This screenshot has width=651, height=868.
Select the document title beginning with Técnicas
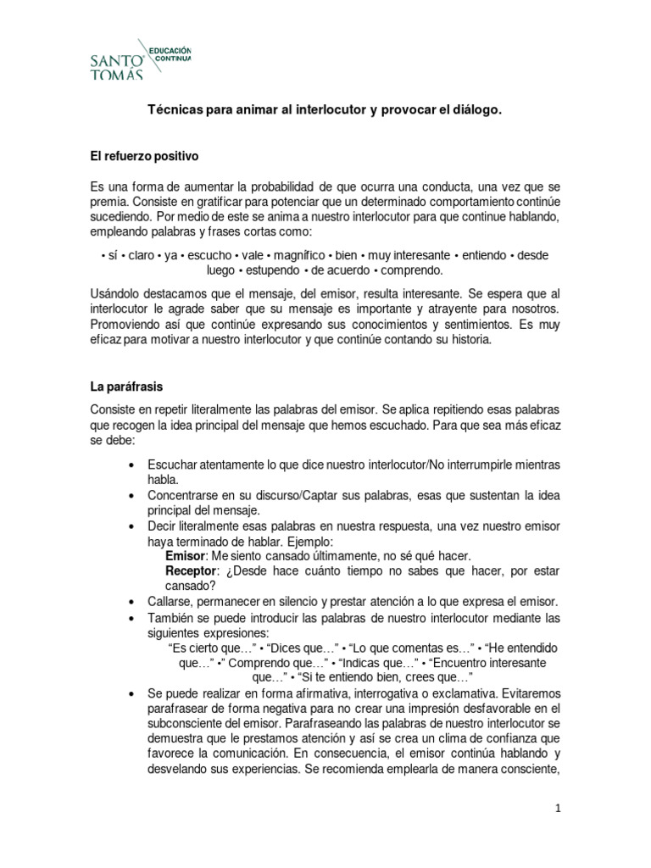pyautogui.click(x=325, y=111)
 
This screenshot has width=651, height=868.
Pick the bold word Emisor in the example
pyautogui.click(x=186, y=555)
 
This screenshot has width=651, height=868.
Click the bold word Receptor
pyautogui.click(x=192, y=570)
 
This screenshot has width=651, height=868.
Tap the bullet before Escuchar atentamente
pyautogui.click(x=130, y=465)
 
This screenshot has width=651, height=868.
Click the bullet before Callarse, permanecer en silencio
pyautogui.click(x=130, y=601)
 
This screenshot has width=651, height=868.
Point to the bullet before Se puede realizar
pyautogui.click(x=130, y=694)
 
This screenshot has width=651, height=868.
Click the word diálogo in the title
pyautogui.click(x=474, y=111)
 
